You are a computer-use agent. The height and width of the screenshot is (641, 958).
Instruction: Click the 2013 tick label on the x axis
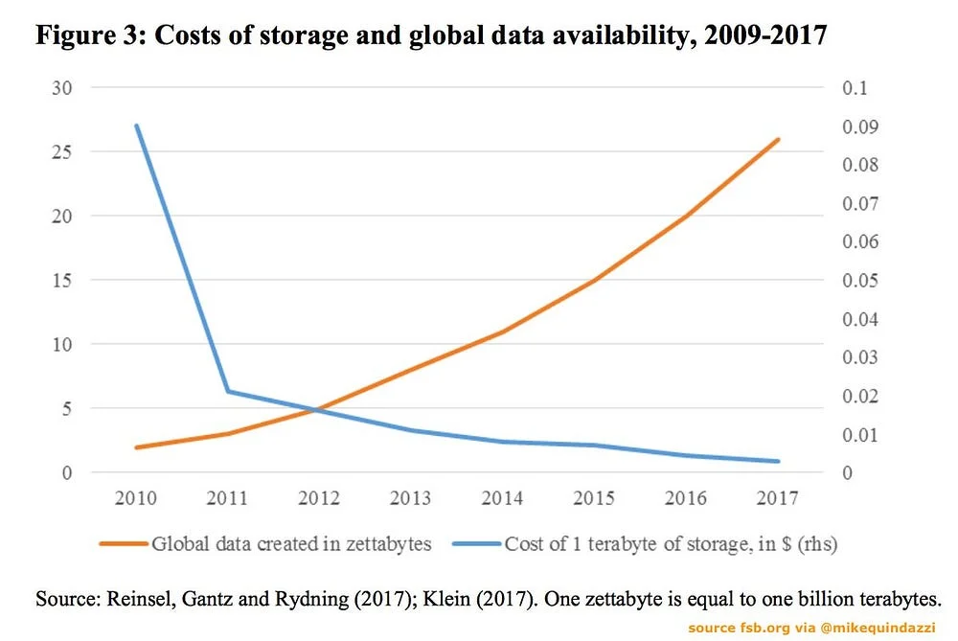(411, 498)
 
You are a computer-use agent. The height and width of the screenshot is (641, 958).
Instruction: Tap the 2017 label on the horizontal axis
(779, 498)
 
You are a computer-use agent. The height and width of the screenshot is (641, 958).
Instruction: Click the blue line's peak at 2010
(136, 126)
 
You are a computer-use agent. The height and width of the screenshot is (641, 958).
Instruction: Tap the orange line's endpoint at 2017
(779, 139)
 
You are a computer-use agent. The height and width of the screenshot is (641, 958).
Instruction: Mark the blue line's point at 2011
(227, 391)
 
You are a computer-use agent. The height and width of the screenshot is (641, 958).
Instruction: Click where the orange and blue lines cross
(314, 410)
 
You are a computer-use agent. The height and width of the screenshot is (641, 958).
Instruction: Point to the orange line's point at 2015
(595, 280)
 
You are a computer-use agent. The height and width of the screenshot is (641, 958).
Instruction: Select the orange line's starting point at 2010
(136, 447)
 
